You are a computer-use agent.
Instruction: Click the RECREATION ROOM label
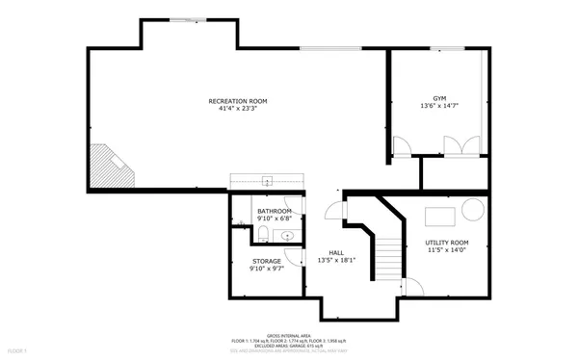click(238, 101)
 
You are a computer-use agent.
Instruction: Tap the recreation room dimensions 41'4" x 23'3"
click(238, 110)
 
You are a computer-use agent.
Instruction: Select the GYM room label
click(439, 97)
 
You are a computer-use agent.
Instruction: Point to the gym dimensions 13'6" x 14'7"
click(439, 106)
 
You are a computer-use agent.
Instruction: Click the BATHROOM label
click(275, 210)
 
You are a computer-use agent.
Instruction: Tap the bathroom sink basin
click(288, 234)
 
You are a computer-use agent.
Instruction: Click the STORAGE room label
click(267, 261)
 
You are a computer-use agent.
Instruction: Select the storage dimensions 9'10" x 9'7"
click(267, 270)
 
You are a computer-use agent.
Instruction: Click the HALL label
click(337, 251)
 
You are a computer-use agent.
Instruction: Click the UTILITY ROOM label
click(446, 242)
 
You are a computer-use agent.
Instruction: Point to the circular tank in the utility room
click(474, 211)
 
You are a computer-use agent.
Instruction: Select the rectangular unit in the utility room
click(441, 213)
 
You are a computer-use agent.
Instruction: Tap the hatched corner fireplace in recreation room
click(109, 166)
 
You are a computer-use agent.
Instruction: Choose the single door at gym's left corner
click(402, 146)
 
